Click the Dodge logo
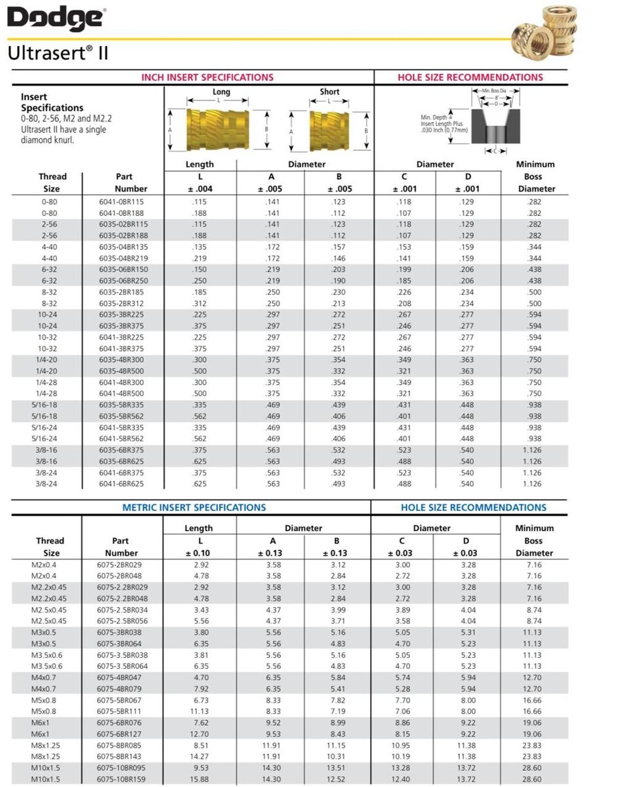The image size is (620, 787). [x=56, y=19]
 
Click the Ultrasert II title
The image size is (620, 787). [x=58, y=53]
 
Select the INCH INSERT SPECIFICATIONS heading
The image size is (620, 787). [x=207, y=77]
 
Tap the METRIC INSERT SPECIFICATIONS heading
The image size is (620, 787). [x=194, y=508]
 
